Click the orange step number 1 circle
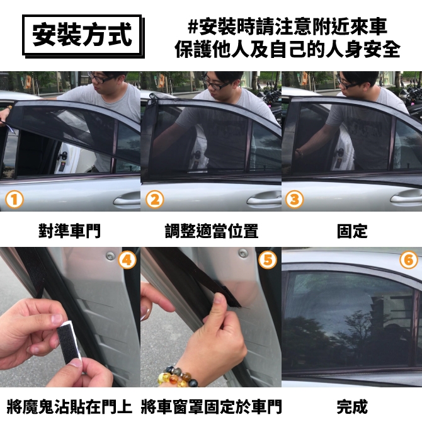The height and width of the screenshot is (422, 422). point(14,200)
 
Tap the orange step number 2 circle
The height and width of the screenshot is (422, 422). point(155,200)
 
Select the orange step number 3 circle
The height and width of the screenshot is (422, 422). point(294,200)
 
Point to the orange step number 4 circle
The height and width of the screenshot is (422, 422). point(127,259)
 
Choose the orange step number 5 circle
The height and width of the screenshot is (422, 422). point(267,259)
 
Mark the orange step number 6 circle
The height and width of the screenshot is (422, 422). point(409,259)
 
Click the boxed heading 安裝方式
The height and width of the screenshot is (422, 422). point(83,35)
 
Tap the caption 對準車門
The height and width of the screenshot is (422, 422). point(69,231)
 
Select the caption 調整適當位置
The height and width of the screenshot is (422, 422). point(212,231)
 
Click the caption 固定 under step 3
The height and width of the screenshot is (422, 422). point(352,231)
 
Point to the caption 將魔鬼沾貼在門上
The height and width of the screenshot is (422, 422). point(69,407)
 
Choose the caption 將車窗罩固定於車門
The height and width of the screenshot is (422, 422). point(211,407)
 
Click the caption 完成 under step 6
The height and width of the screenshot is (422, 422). point(352,407)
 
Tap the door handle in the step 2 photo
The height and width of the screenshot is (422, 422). point(264,199)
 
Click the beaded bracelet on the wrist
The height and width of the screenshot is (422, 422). point(177,376)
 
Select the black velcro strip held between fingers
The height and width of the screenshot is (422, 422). point(69,341)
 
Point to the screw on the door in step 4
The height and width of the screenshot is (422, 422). point(110,256)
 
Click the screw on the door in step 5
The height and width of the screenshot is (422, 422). point(243,253)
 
